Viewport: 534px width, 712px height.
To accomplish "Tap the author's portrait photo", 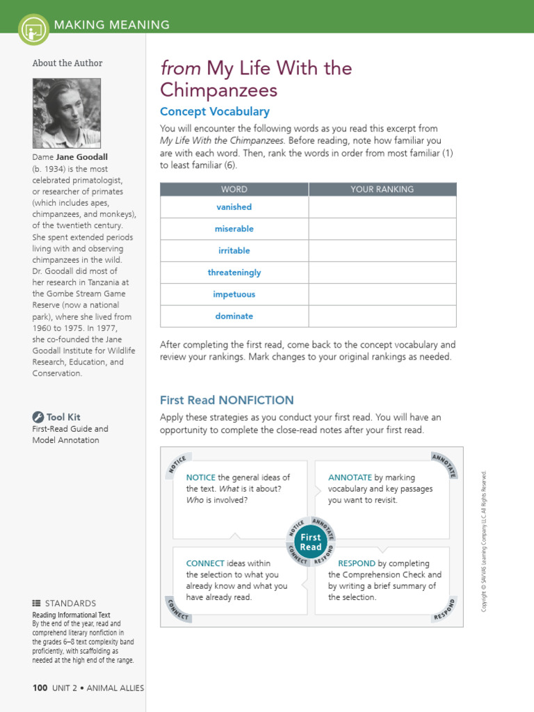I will point(67,113).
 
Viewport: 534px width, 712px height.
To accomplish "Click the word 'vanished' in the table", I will point(234,207).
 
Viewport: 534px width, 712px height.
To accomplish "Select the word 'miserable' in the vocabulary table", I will point(234,229).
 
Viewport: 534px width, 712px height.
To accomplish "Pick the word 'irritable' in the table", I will point(234,250).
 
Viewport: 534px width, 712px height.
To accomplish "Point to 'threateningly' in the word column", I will point(234,273).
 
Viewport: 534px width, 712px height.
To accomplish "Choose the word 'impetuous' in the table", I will point(234,294).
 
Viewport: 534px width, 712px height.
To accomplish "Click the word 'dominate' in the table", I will point(234,316).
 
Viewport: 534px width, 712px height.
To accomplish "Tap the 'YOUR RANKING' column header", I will point(382,189).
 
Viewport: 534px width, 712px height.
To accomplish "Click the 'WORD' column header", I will point(234,189).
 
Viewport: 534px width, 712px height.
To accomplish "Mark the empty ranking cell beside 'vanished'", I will point(382,207).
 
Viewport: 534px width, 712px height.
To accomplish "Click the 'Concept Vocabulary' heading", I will point(214,112).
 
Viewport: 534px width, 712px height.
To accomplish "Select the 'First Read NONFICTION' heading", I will point(227,400).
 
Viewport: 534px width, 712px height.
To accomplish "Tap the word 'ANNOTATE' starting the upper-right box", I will point(350,478).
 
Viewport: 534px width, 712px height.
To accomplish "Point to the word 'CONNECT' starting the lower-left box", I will point(205,563).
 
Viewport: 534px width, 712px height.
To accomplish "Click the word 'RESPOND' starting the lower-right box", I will point(356,563).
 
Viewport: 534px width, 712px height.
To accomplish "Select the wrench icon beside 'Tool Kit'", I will point(38,417).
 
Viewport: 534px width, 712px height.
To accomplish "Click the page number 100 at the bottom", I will point(40,688).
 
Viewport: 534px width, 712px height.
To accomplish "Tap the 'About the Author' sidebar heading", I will point(67,63).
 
